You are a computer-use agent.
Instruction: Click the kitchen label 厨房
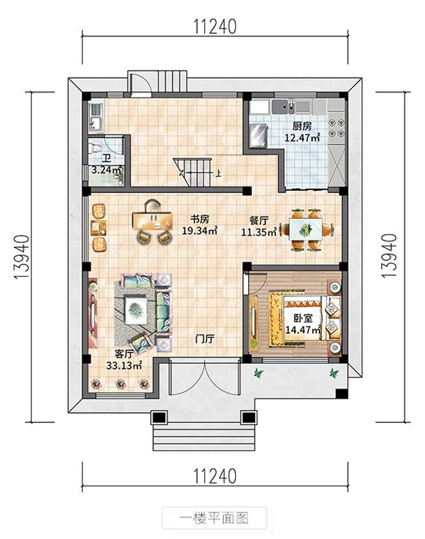click(302, 126)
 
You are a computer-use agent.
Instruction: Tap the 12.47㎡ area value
click(302, 138)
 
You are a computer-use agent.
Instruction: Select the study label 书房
click(199, 219)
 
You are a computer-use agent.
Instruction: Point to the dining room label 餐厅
click(259, 220)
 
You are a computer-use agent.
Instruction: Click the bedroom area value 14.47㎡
click(303, 330)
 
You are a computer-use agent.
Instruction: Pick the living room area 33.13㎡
click(124, 365)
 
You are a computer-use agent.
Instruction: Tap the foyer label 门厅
click(204, 339)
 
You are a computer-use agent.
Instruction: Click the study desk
click(153, 220)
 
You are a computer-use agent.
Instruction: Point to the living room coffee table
click(136, 310)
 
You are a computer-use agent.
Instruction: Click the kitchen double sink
click(287, 107)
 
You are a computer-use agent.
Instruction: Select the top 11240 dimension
click(215, 27)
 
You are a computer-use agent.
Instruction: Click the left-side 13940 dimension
click(21, 257)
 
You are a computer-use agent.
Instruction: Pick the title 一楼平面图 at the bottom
click(214, 518)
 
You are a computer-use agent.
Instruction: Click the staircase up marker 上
click(218, 172)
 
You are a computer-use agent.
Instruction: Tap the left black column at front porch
click(159, 417)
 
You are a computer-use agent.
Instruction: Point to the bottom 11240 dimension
click(215, 477)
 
